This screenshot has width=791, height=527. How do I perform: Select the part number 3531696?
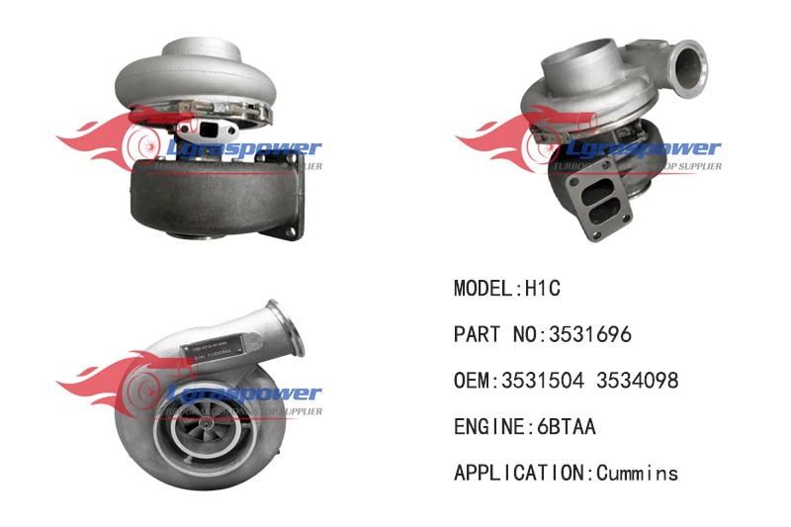coord(586,335)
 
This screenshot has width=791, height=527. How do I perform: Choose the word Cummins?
coord(638,474)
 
